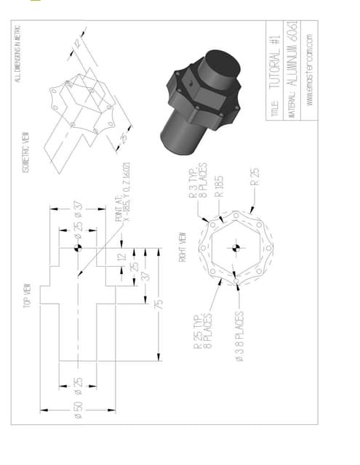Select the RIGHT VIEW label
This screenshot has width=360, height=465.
click(x=184, y=247)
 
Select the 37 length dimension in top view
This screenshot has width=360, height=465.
click(x=146, y=275)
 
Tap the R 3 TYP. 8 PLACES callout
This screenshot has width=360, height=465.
click(x=197, y=182)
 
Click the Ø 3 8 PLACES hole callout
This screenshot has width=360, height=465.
click(x=239, y=339)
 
